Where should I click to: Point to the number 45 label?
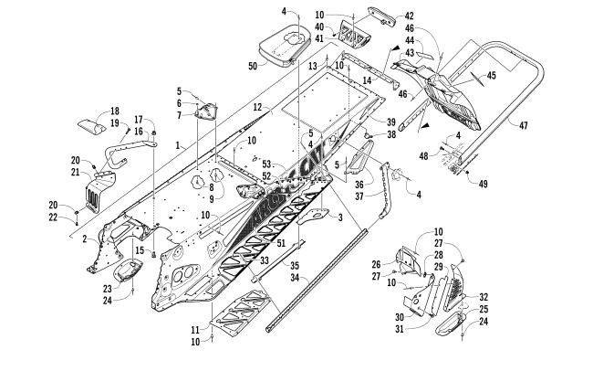[x=492, y=76]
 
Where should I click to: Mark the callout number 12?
[x=258, y=108]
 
